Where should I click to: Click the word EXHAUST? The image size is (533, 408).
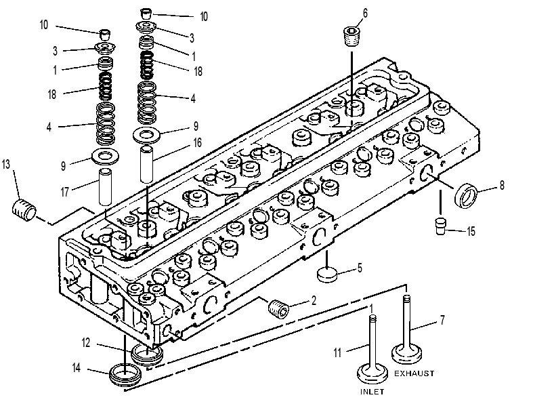(x=414, y=373)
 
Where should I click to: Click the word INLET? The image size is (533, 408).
(x=372, y=392)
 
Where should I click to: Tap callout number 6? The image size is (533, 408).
(x=365, y=14)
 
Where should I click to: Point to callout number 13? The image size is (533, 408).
(x=6, y=165)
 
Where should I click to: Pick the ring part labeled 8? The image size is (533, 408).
(x=466, y=195)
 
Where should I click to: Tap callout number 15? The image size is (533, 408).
(x=471, y=231)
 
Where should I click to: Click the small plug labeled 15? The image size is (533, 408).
(x=441, y=226)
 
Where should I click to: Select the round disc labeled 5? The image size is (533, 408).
(x=327, y=274)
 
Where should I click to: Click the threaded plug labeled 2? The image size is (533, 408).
(x=279, y=309)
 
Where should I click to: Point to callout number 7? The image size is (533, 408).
(x=442, y=320)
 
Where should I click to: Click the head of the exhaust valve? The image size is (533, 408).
(x=406, y=354)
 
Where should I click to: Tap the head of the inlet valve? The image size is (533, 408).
(x=372, y=373)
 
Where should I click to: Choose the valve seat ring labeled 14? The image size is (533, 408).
(x=125, y=375)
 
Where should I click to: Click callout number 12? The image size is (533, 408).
(x=86, y=342)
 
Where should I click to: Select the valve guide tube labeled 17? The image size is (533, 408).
(x=105, y=187)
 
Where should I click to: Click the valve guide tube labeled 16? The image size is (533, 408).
(x=147, y=164)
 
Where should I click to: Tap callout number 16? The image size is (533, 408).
(x=198, y=142)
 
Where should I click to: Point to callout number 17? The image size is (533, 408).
(x=64, y=192)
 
